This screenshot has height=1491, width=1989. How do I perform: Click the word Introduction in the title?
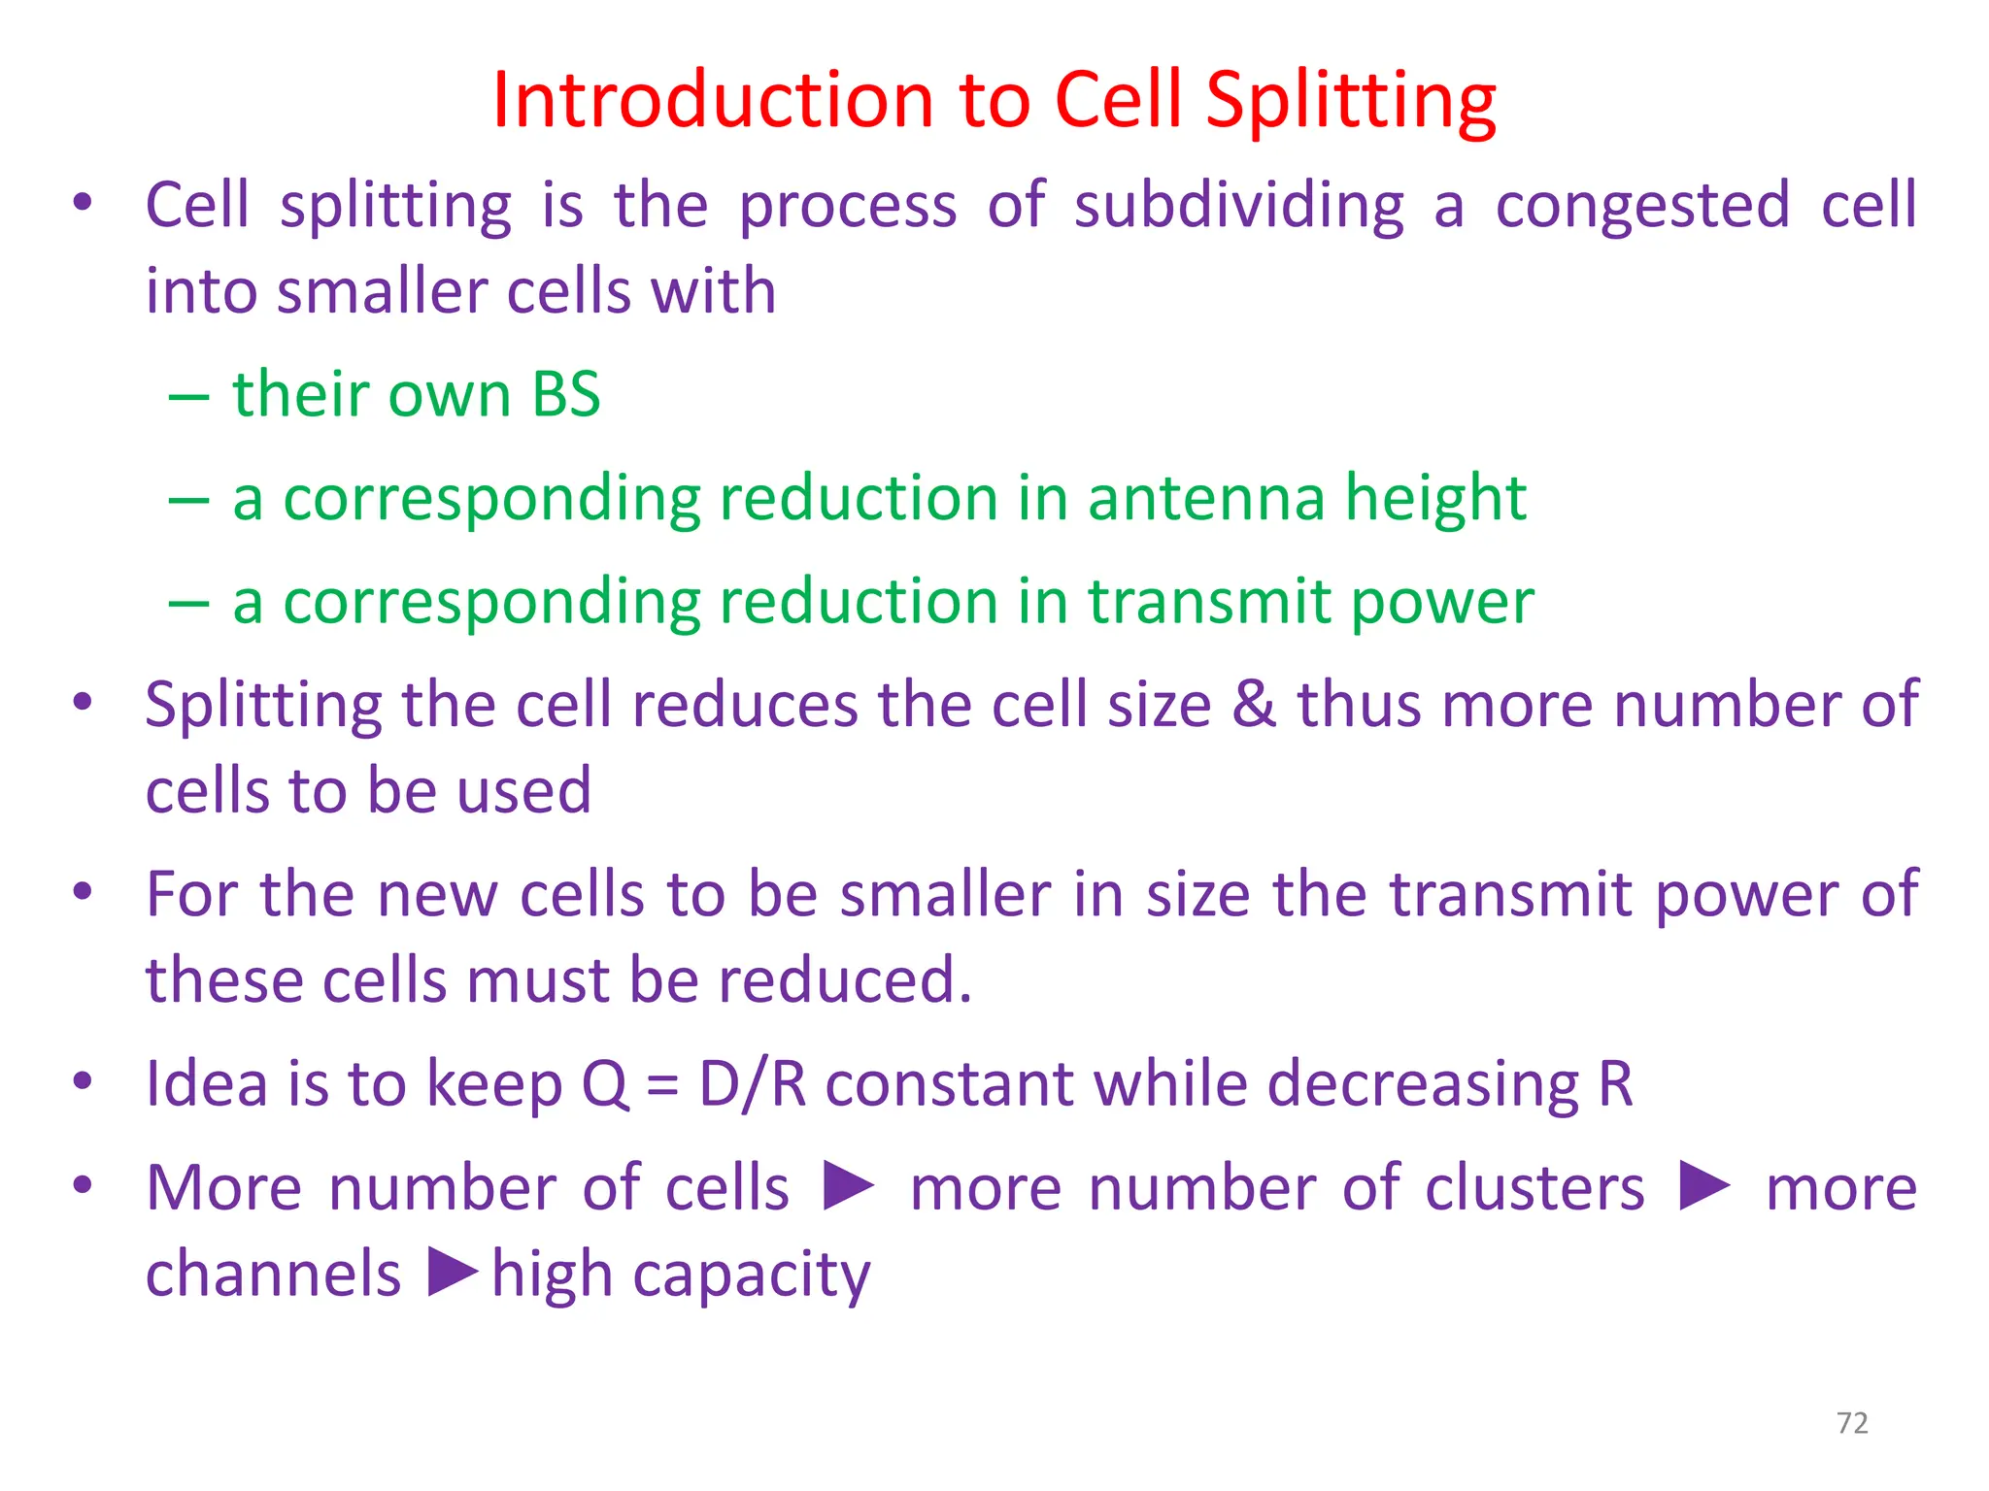[x=713, y=100]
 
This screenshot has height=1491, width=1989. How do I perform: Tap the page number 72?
[x=1852, y=1423]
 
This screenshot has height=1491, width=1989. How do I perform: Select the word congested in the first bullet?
[x=1642, y=207]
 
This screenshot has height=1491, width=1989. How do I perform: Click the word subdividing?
[x=1239, y=207]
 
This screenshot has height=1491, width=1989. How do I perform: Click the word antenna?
[x=1205, y=498]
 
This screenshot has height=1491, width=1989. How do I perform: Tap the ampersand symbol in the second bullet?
[x=1254, y=704]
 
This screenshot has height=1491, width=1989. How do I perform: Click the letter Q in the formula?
[x=604, y=1084]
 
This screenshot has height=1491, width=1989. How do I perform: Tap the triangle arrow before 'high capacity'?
[x=453, y=1273]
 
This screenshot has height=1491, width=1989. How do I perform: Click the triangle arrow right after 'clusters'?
[x=1704, y=1186]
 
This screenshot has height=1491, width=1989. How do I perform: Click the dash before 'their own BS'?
[x=188, y=396]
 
